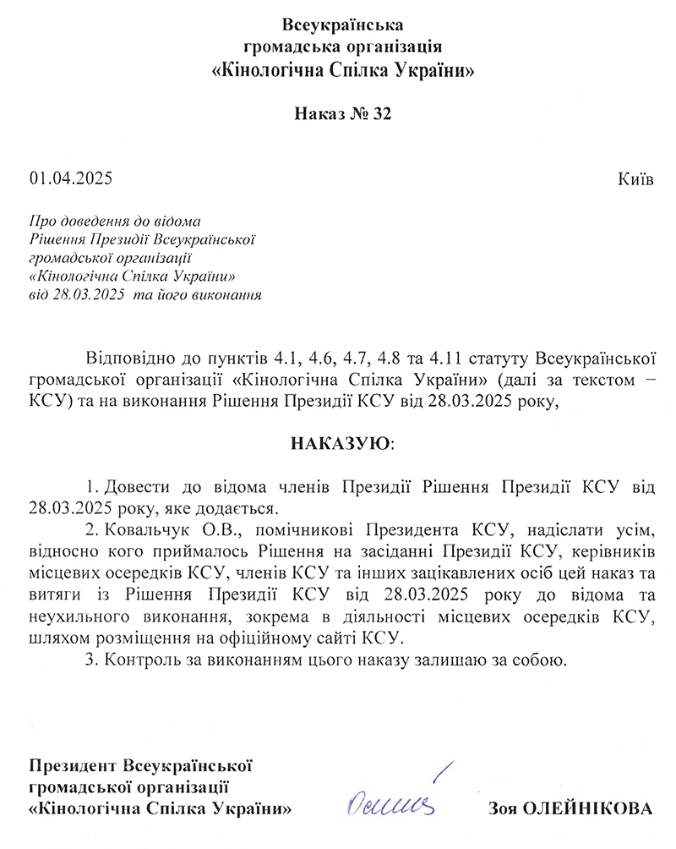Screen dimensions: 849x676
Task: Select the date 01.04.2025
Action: pyautogui.click(x=70, y=178)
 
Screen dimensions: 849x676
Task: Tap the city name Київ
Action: pyautogui.click(x=636, y=178)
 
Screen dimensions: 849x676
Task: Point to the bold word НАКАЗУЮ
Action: pyautogui.click(x=341, y=443)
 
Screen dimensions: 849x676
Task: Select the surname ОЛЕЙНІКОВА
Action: pyautogui.click(x=588, y=808)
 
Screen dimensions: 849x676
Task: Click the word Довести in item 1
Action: pyautogui.click(x=137, y=488)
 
